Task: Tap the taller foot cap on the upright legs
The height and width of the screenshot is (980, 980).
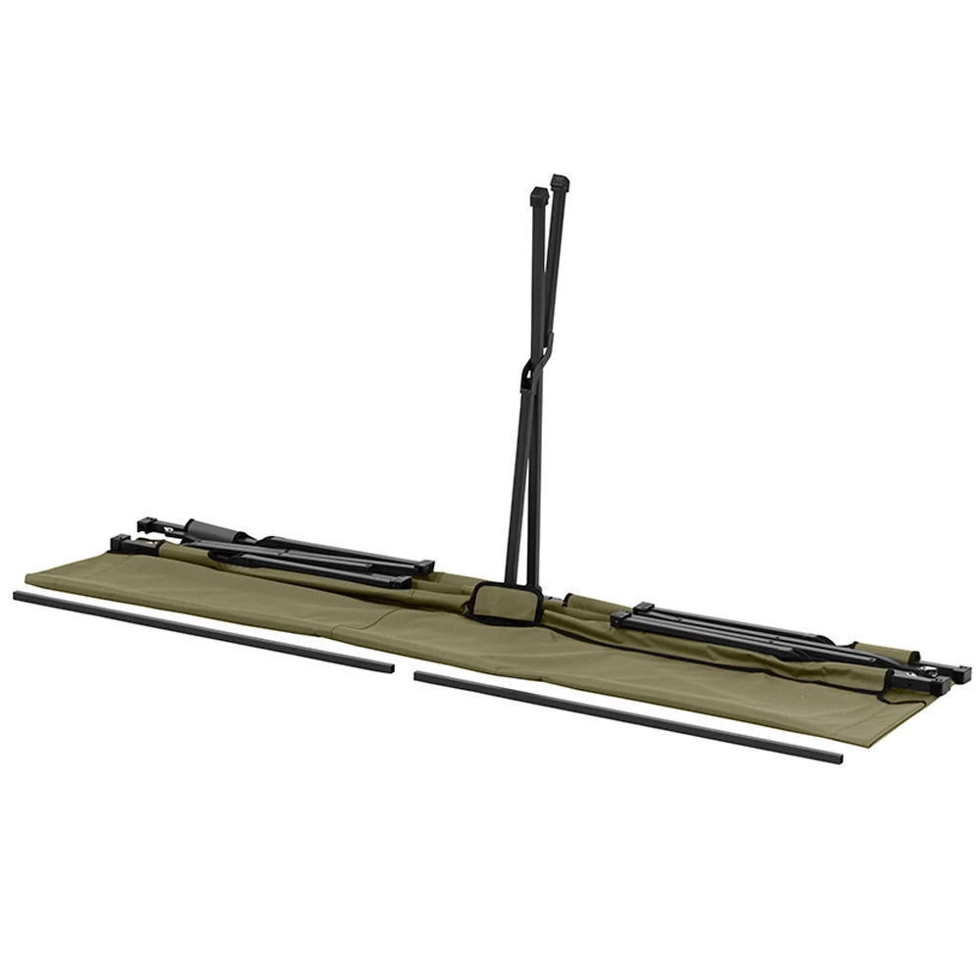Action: pyautogui.click(x=560, y=183)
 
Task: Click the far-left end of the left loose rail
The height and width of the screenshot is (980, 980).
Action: pyautogui.click(x=19, y=595)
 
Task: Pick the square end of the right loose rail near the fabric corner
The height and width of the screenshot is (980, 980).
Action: pyautogui.click(x=835, y=759)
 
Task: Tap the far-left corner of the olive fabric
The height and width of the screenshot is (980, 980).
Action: pyautogui.click(x=29, y=578)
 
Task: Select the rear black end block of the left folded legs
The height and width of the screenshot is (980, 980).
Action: pyautogui.click(x=148, y=524)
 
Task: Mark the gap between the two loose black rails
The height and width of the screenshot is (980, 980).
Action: pyautogui.click(x=404, y=672)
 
